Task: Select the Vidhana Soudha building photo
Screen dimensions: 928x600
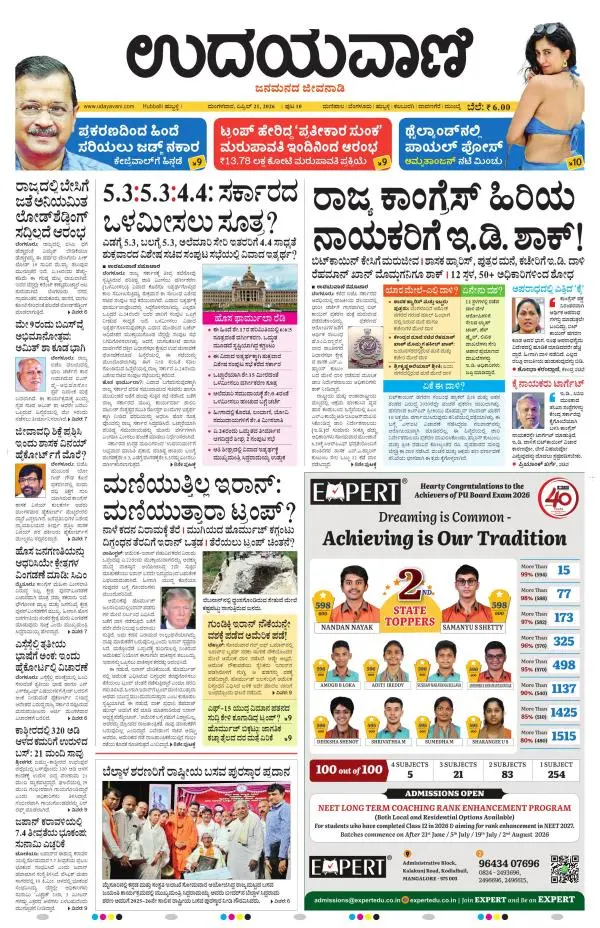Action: (x=246, y=285)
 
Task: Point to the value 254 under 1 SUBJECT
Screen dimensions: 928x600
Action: (x=556, y=774)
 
